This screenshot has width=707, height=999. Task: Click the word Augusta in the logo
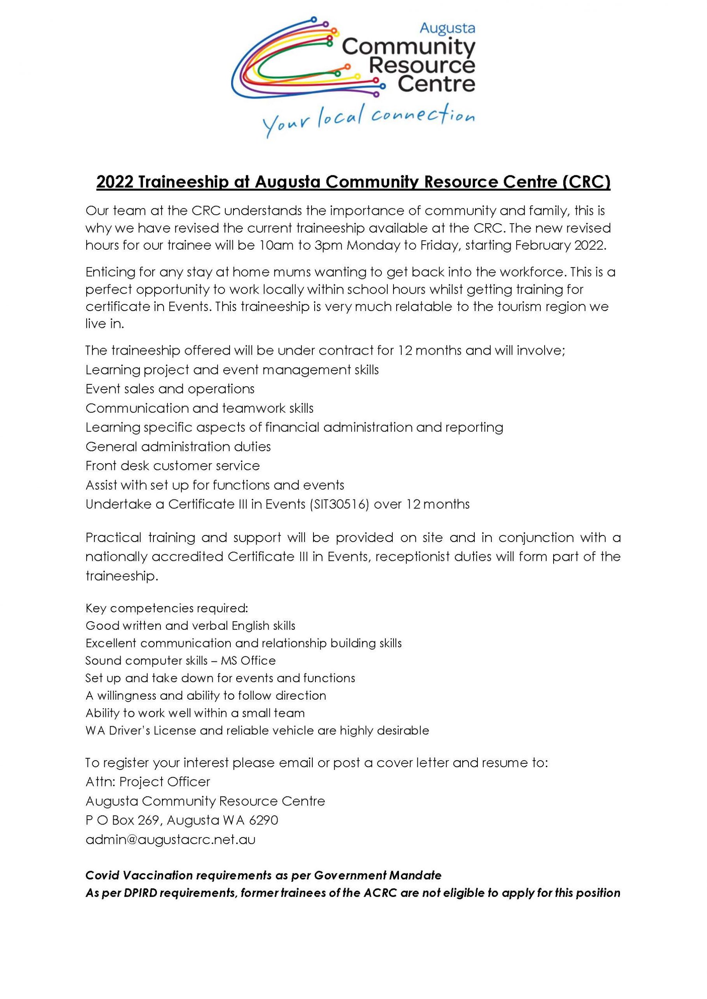(447, 29)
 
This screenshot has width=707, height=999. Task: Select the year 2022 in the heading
(114, 182)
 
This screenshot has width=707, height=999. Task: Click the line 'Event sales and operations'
(170, 389)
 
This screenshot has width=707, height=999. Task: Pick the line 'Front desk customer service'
(173, 466)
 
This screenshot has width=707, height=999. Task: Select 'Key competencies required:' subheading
(167, 608)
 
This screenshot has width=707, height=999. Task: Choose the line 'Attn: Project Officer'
(148, 782)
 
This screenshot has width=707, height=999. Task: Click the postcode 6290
(264, 820)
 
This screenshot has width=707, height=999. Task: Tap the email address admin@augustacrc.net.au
(170, 839)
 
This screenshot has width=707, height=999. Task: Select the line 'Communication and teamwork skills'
(199, 408)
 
